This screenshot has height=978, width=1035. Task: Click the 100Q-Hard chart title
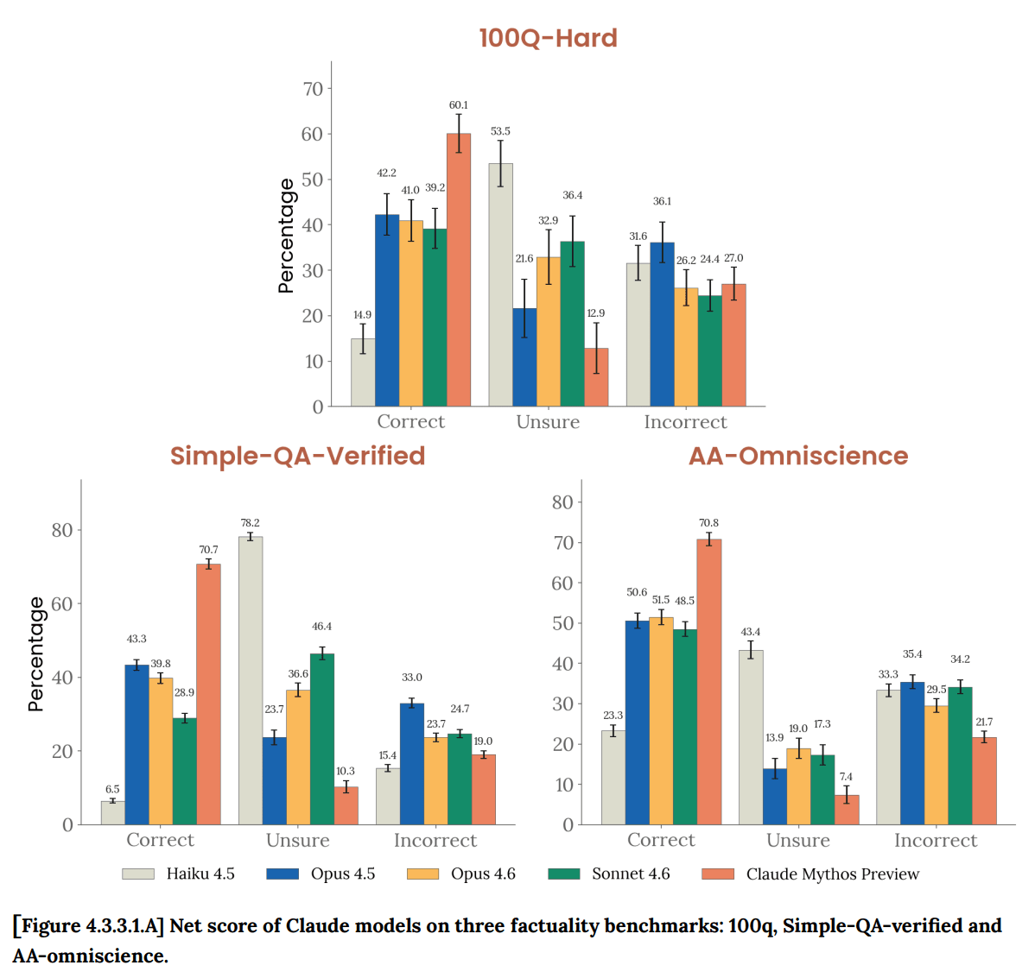click(548, 38)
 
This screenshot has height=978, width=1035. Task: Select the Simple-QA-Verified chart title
click(297, 456)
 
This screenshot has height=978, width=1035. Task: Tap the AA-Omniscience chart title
click(798, 456)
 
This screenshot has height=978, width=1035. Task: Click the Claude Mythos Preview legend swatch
click(718, 874)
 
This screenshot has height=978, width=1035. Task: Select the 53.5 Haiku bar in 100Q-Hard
click(500, 285)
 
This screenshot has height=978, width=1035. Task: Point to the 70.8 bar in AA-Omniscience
click(709, 682)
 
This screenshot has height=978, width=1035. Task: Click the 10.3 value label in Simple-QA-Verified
click(346, 771)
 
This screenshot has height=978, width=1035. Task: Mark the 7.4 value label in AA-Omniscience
click(846, 777)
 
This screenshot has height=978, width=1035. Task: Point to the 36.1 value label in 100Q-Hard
click(662, 201)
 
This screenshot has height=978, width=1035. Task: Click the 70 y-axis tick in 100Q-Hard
click(313, 89)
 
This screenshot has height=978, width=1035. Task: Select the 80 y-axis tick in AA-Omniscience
click(562, 502)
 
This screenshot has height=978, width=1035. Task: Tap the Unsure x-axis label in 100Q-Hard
click(548, 422)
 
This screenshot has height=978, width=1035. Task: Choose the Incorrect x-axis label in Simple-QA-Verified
click(435, 841)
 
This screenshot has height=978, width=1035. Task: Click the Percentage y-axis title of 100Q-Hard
click(286, 236)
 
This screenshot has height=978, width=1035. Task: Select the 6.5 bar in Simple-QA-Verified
click(112, 812)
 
